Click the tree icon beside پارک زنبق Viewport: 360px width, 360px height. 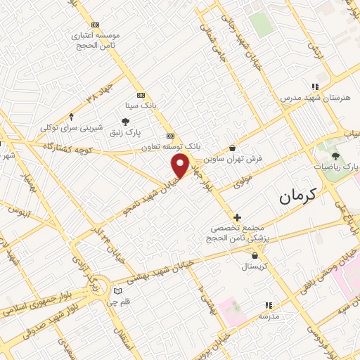tap(125, 122)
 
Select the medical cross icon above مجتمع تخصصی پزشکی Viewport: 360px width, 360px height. tap(238, 217)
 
